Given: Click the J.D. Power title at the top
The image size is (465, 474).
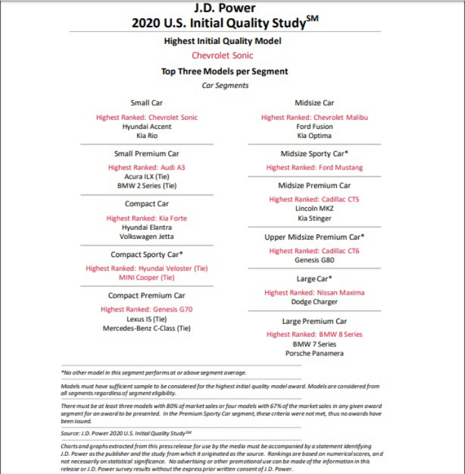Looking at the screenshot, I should click(224, 8).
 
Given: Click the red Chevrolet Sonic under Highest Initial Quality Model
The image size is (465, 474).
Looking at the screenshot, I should click(222, 56).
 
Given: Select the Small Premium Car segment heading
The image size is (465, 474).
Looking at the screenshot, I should click(147, 153).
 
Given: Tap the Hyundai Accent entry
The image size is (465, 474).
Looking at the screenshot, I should click(147, 127).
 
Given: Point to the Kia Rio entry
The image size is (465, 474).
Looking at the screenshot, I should click(147, 136).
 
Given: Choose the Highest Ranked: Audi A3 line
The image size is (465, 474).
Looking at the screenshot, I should click(147, 167).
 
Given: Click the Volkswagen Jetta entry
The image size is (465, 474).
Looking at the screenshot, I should click(147, 236).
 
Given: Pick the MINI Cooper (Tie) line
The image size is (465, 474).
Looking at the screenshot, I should click(147, 277).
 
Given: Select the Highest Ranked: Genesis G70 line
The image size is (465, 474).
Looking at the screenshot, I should click(147, 310).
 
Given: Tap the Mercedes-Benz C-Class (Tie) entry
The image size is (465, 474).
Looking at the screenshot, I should click(147, 328).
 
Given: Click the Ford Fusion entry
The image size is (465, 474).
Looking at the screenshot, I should click(315, 127).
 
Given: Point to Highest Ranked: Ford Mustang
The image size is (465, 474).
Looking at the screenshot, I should click(315, 168).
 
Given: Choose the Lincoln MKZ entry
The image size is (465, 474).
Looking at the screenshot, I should click(315, 209).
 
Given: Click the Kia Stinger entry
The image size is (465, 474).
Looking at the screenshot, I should click(315, 218).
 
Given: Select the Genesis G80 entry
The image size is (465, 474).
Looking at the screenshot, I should click(315, 260).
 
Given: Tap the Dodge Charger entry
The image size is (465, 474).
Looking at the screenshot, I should click(315, 302).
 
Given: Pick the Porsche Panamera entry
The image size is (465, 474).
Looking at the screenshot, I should click(315, 353).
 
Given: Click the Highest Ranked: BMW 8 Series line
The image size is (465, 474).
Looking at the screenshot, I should click(315, 335).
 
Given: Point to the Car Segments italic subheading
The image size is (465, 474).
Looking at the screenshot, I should click(225, 85).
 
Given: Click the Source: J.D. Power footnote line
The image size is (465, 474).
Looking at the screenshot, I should click(127, 433).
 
